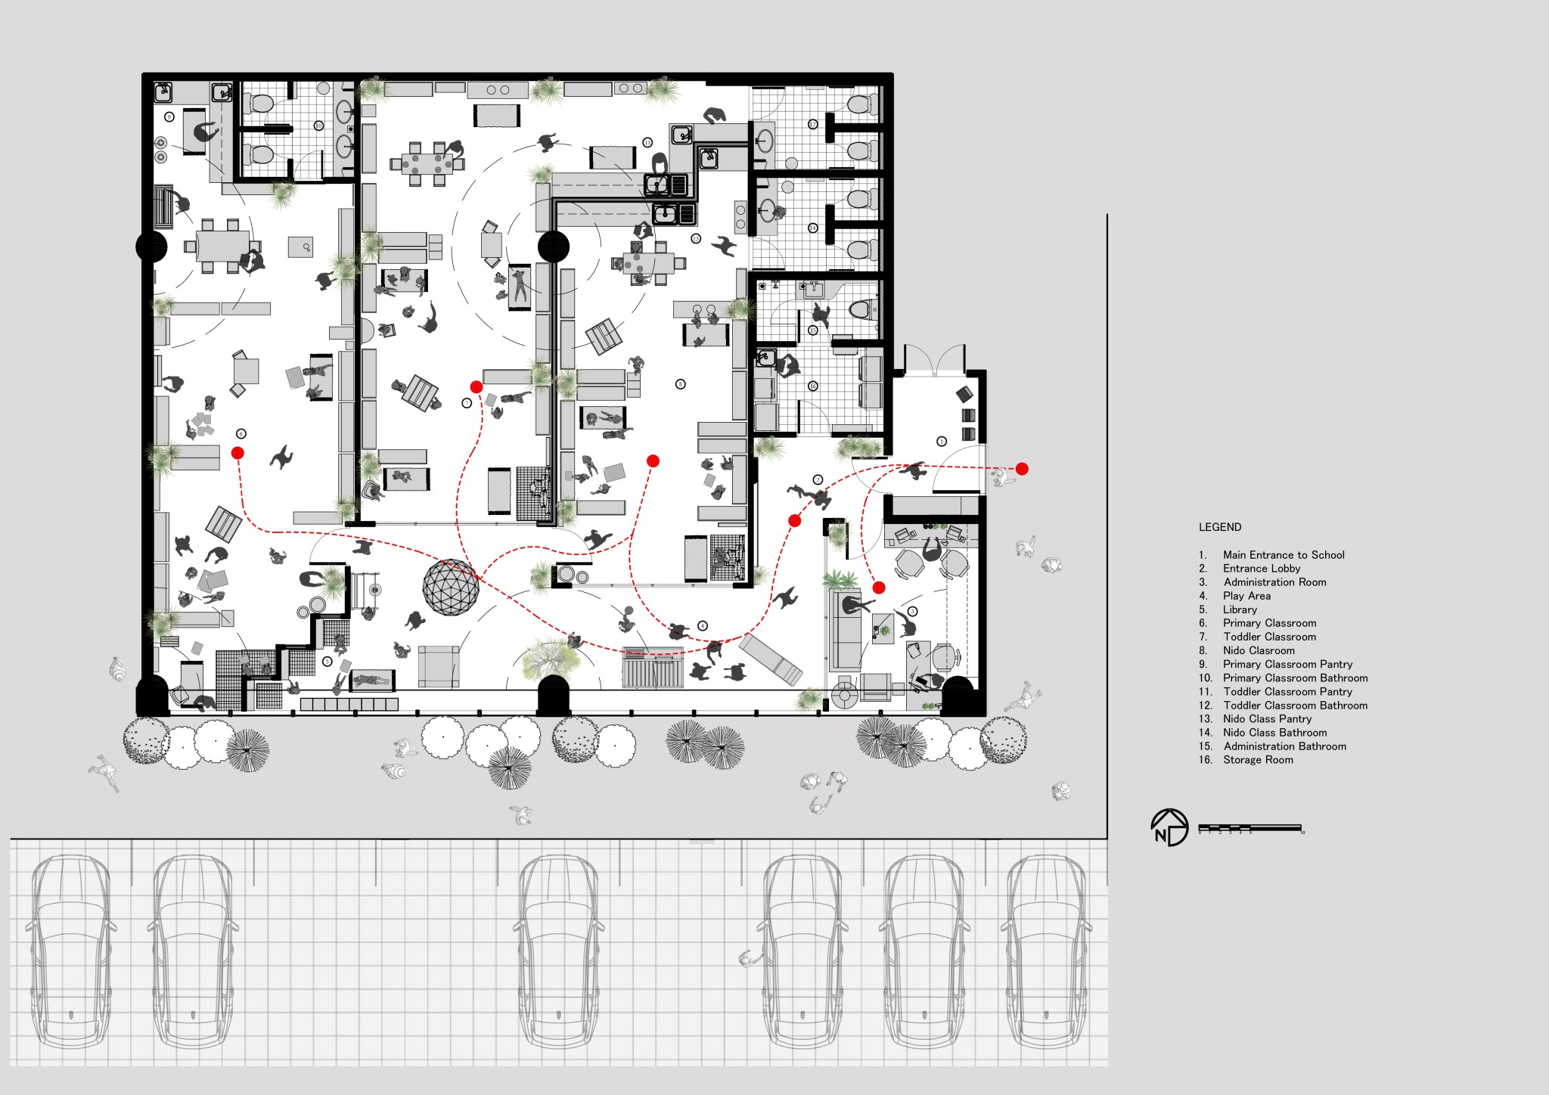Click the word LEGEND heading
(1219, 527)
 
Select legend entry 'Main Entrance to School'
(1283, 555)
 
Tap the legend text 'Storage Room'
(1257, 760)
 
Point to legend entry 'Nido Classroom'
(1259, 650)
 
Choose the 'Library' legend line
(1240, 610)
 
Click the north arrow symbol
(1169, 827)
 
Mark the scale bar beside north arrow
(1249, 828)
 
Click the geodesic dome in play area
(451, 587)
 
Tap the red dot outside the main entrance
(1022, 469)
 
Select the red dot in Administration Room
(878, 588)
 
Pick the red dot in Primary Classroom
(237, 453)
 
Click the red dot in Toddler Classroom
(476, 387)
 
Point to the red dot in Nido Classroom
(653, 461)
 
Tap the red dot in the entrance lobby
(794, 520)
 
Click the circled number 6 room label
(241, 434)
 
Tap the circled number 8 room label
(680, 384)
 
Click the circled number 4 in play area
(703, 625)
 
